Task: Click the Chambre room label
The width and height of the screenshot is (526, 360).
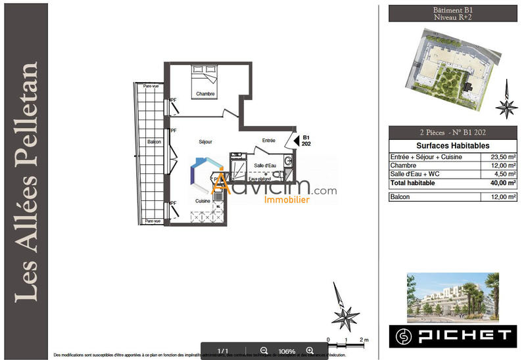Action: tap(206, 94)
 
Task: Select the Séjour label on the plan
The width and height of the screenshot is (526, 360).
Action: tap(206, 142)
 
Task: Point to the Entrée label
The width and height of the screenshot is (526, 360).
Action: tap(268, 141)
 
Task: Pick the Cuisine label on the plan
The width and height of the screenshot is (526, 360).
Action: tap(203, 201)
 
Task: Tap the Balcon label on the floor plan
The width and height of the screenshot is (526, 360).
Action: tap(154, 142)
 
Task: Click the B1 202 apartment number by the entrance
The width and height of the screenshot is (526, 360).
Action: tap(306, 141)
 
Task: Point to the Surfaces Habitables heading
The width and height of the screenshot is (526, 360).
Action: tap(453, 145)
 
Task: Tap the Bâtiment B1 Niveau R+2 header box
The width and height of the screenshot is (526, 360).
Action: tap(452, 14)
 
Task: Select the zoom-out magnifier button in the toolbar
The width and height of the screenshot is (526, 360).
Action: tap(264, 351)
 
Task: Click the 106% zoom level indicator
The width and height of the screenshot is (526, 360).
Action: tap(287, 351)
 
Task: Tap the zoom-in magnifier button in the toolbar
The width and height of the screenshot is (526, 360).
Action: tap(310, 351)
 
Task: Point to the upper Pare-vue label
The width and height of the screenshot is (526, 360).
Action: tap(143, 86)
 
